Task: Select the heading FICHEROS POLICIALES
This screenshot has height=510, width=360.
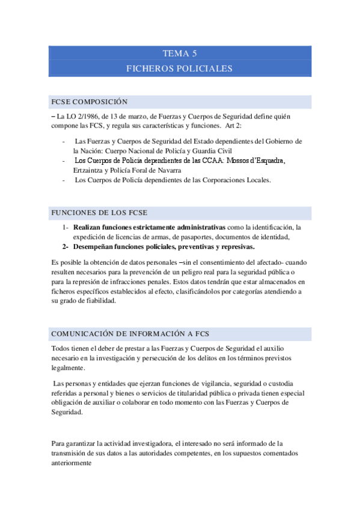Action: point(180,69)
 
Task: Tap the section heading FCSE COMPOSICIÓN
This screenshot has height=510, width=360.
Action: point(90,102)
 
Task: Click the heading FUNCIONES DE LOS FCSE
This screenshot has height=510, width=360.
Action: point(99,214)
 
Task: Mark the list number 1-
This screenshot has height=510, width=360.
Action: point(65,227)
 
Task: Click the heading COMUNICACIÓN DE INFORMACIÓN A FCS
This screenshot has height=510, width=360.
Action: point(130,334)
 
